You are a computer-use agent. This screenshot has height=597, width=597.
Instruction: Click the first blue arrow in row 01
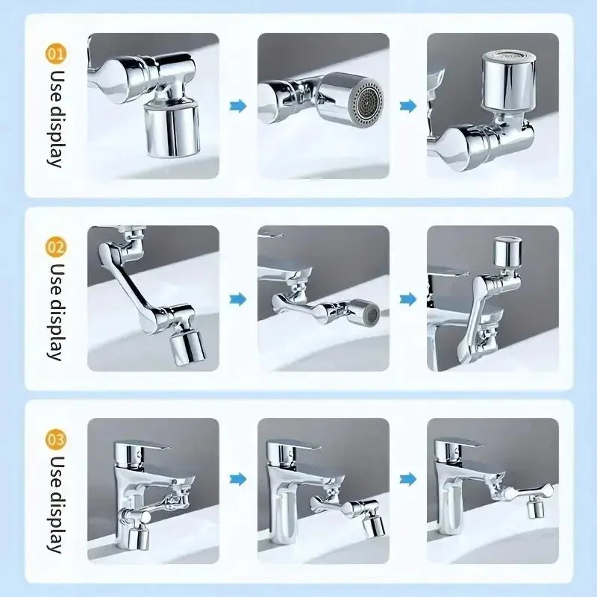(x=238, y=106)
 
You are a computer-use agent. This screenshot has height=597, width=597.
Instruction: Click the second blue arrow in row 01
(x=407, y=106)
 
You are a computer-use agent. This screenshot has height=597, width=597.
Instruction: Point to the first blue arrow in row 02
(x=238, y=299)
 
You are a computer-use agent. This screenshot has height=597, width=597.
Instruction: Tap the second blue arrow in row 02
(x=407, y=299)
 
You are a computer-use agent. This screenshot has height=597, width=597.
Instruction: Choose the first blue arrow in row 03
(x=238, y=478)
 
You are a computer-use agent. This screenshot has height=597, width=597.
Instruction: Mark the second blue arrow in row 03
(x=407, y=478)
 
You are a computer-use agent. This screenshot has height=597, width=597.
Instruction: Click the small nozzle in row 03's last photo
(x=534, y=510)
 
